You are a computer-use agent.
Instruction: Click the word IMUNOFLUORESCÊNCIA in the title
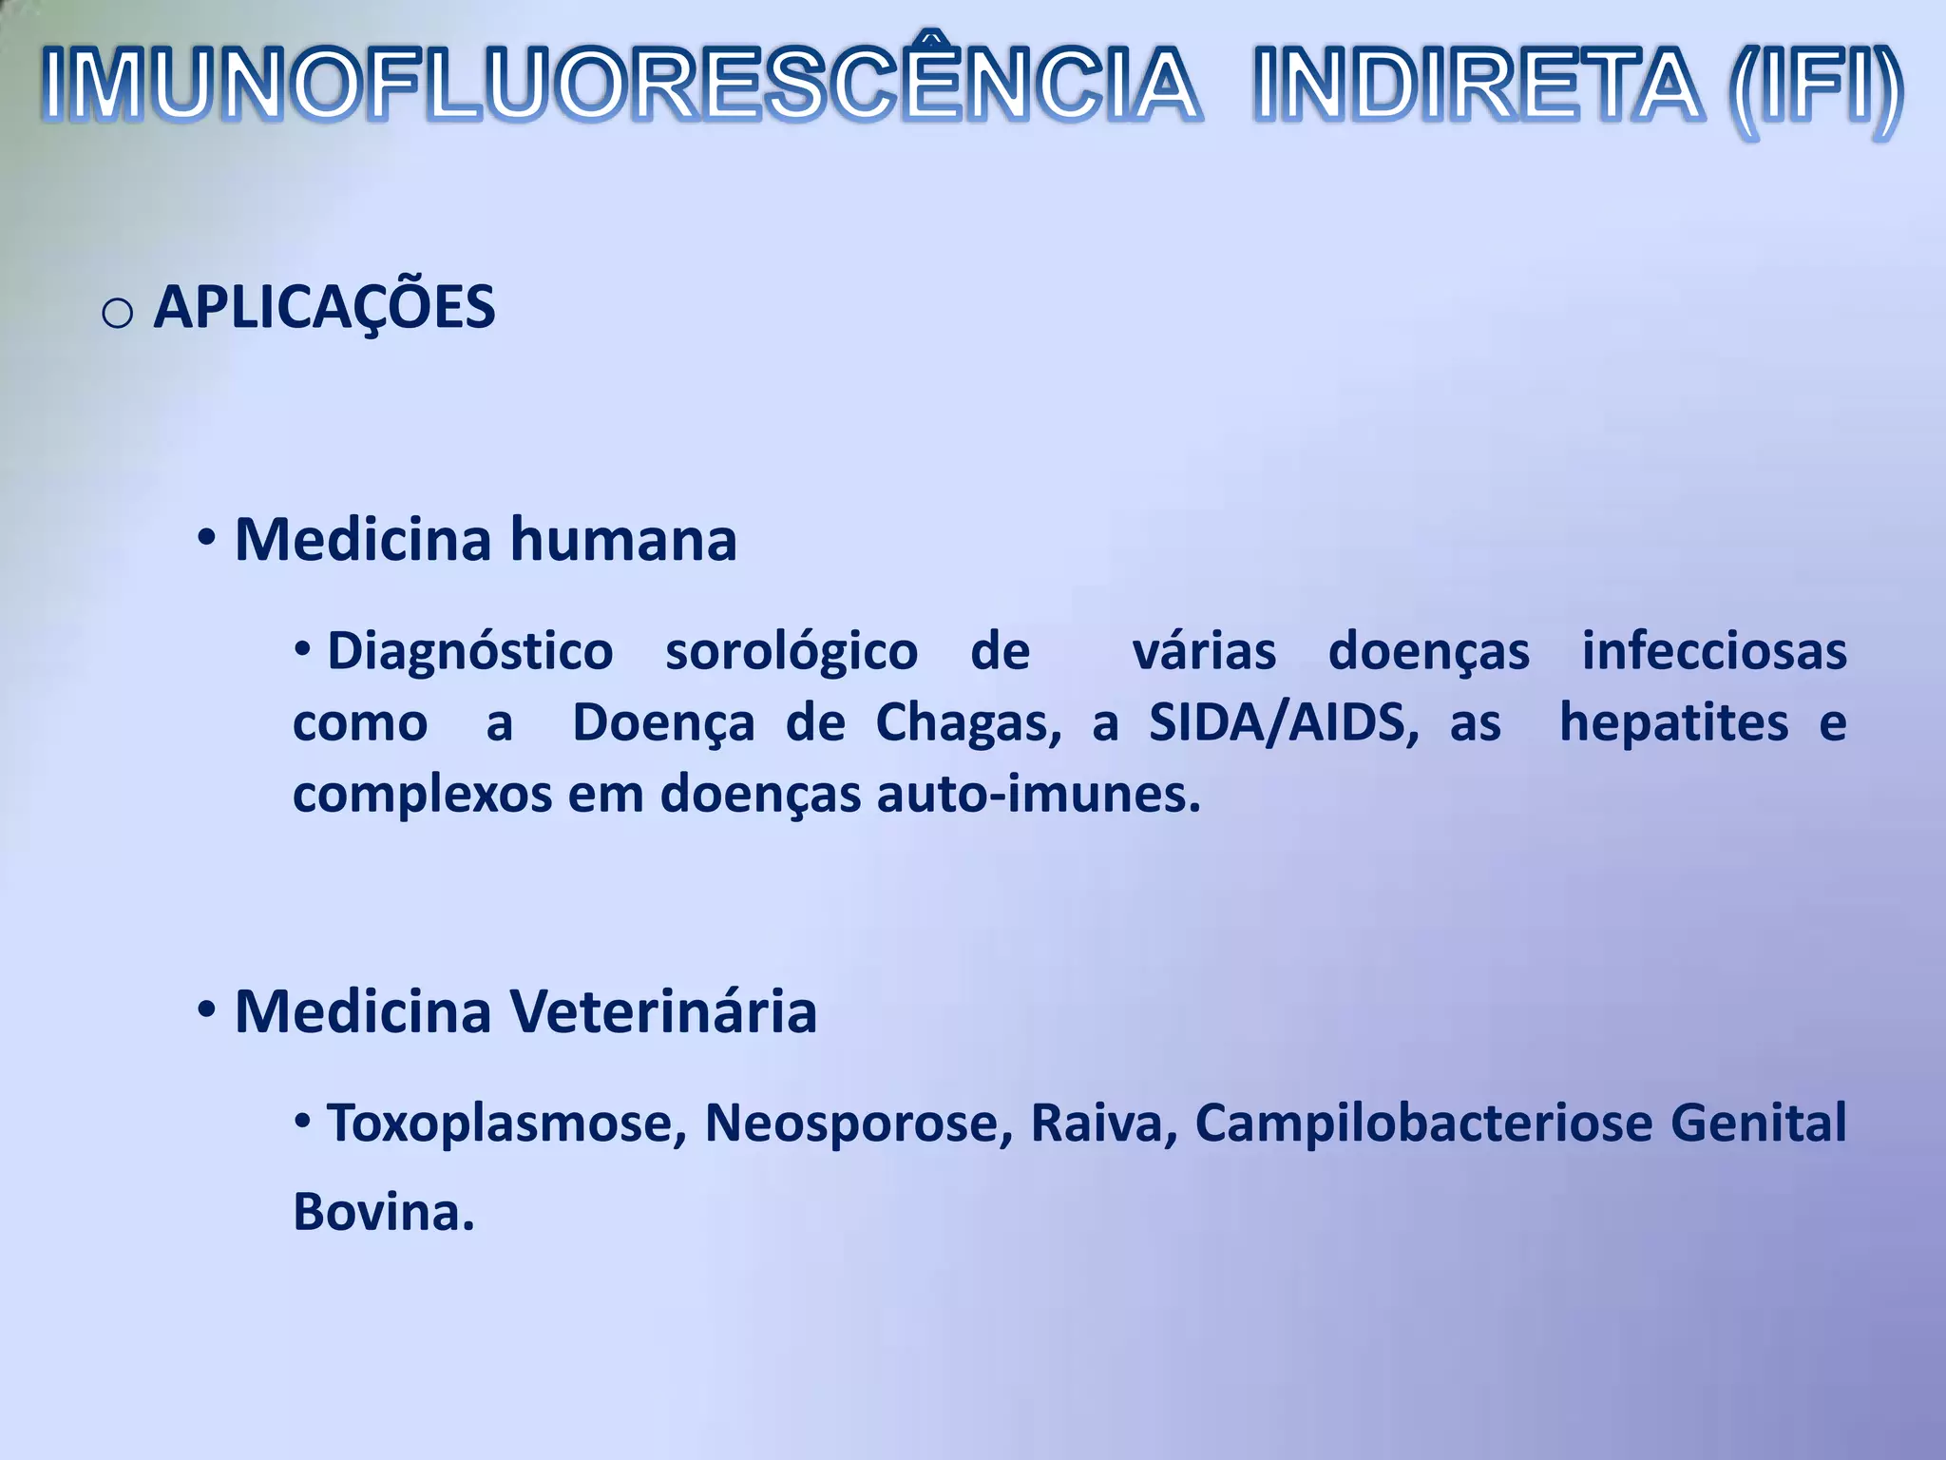[x=620, y=86]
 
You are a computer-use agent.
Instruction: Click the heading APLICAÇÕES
[x=324, y=308]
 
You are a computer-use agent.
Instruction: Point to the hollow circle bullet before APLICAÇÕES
[x=117, y=313]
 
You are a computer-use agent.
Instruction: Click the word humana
[x=623, y=540]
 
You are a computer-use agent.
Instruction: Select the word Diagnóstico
[x=470, y=652]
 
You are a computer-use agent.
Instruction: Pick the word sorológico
[x=792, y=652]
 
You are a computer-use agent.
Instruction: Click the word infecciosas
[x=1714, y=652]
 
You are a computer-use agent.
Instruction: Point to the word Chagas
[x=967, y=723]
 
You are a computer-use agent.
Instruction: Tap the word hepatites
[x=1674, y=723]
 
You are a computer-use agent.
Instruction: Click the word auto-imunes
[x=1038, y=795]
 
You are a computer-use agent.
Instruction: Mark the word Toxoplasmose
[x=506, y=1124]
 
